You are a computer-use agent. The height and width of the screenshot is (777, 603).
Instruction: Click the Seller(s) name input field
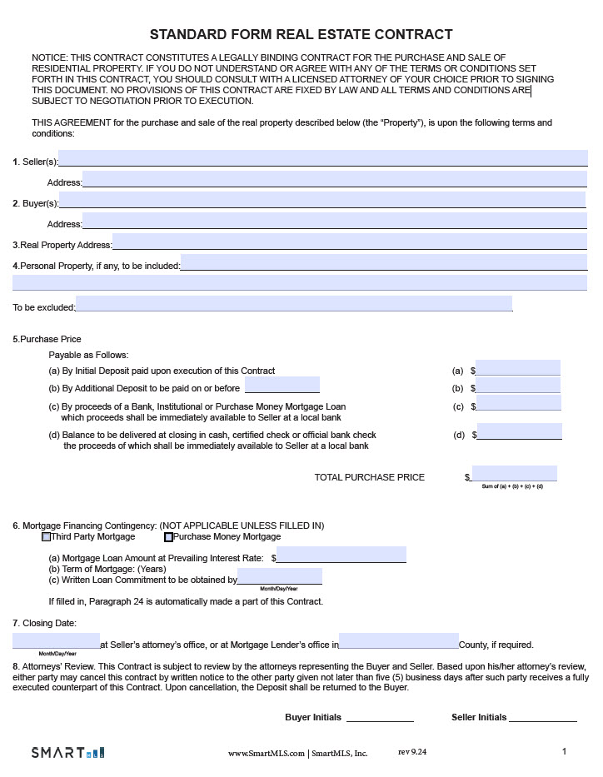tap(323, 158)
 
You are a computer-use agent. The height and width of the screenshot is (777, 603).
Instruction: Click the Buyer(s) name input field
tap(322, 200)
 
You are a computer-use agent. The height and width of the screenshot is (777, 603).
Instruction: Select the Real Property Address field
tap(350, 242)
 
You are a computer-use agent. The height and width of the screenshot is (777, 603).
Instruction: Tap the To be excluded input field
tap(294, 304)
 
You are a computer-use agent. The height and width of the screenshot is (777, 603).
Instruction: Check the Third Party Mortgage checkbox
tap(47, 537)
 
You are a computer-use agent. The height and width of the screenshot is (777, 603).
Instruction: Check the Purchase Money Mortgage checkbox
tap(169, 537)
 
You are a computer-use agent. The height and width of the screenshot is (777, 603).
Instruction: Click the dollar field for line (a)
tap(518, 368)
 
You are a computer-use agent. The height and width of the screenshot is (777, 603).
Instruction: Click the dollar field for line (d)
tap(520, 431)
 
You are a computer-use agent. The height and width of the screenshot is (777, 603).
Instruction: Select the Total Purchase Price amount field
tap(514, 474)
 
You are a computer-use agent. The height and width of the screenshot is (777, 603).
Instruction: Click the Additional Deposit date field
tap(282, 386)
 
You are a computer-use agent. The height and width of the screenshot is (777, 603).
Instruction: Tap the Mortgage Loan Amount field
tap(341, 555)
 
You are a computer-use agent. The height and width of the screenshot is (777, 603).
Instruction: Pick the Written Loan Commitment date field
tap(280, 576)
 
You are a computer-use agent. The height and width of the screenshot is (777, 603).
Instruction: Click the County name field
tap(399, 641)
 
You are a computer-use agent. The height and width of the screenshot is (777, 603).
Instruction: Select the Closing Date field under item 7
tap(56, 641)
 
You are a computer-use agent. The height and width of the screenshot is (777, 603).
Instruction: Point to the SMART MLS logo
tap(68, 753)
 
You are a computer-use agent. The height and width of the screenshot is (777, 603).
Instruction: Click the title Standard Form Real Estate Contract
tap(301, 34)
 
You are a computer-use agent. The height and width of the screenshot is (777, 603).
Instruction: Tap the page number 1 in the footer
tap(565, 752)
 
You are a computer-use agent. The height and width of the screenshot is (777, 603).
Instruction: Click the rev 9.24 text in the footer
tap(412, 752)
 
